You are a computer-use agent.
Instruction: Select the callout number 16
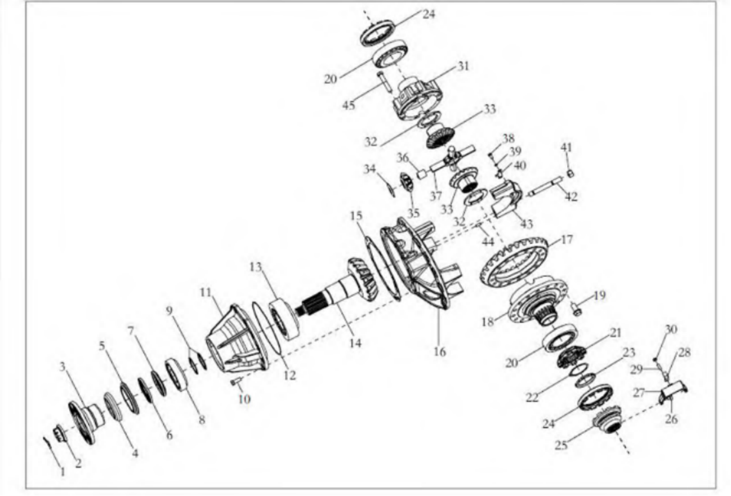point(440,352)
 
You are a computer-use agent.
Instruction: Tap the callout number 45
point(349,105)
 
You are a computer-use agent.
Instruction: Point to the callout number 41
point(566,148)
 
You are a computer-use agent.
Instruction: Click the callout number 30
point(671,329)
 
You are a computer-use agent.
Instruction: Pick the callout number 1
point(63,472)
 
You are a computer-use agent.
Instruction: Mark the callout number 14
point(354,342)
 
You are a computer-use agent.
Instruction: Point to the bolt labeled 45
point(385,83)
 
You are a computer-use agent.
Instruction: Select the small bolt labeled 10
point(235,383)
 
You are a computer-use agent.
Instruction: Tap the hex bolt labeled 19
point(577,308)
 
